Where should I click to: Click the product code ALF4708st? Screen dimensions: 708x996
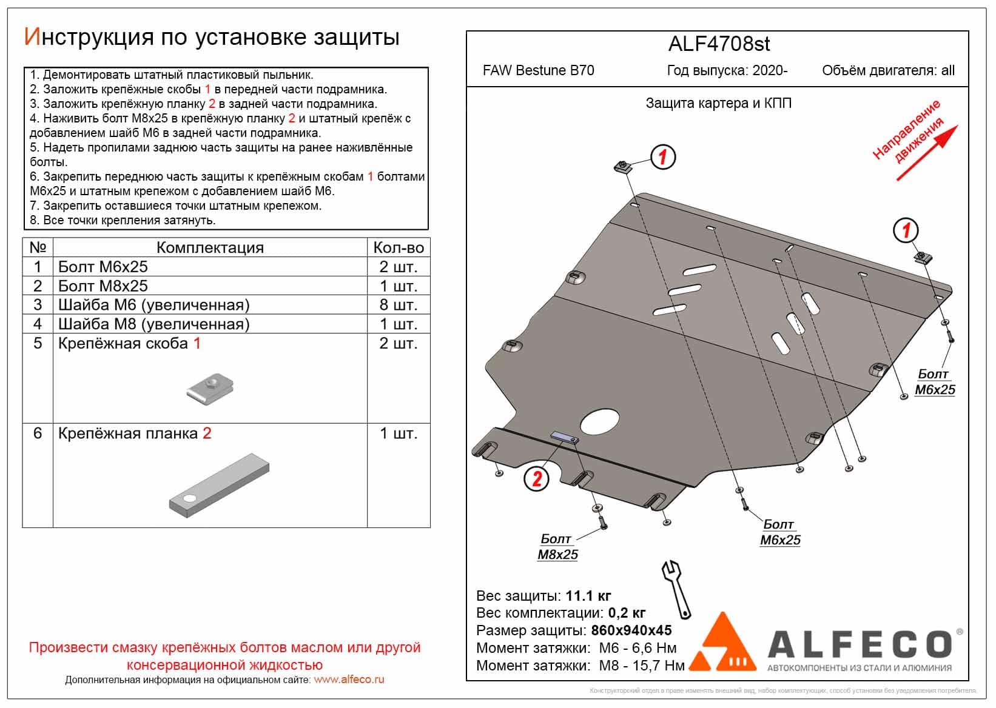[719, 44]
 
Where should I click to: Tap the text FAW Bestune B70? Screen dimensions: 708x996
[538, 70]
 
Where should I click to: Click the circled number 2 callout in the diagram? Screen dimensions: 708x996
[537, 479]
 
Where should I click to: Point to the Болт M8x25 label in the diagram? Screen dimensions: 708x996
[557, 547]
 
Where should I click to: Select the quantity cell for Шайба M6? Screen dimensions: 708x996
[398, 305]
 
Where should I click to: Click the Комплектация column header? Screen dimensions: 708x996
[210, 247]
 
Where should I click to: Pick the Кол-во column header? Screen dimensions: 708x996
[398, 247]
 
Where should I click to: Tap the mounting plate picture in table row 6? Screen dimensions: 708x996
[218, 482]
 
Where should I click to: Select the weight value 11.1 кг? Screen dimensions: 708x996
[588, 596]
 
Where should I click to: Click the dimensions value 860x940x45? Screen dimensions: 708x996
[631, 630]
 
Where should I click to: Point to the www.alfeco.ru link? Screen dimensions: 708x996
[349, 680]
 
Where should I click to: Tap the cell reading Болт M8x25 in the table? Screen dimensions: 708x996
[103, 286]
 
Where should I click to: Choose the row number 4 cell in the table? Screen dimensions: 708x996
[38, 324]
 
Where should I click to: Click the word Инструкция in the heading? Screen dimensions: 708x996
[88, 38]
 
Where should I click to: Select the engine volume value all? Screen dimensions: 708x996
[947, 70]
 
